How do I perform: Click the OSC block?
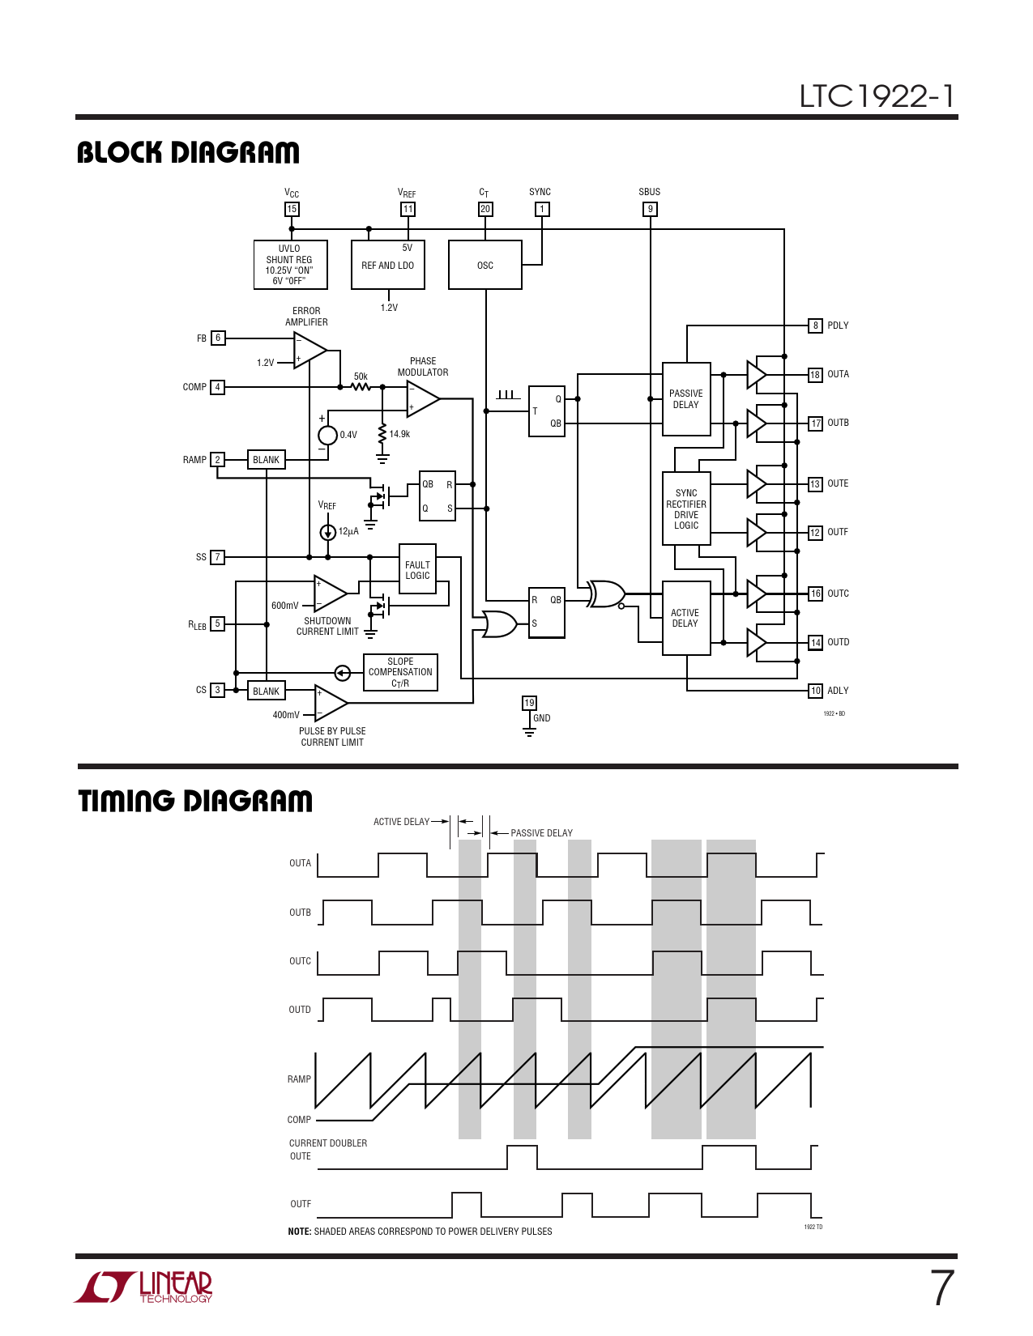(x=484, y=265)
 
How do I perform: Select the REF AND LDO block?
(x=387, y=265)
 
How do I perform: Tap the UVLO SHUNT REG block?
(x=290, y=265)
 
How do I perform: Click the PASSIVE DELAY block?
(x=686, y=399)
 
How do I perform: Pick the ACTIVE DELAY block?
(x=686, y=618)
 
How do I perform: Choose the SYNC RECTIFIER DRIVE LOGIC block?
(x=686, y=508)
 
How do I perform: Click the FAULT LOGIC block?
(x=417, y=569)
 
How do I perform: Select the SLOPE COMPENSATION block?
(x=400, y=672)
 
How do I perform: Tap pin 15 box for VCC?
(x=292, y=209)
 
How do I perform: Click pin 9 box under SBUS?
(x=650, y=209)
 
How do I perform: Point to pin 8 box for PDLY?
(x=815, y=325)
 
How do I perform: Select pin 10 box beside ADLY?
(x=815, y=691)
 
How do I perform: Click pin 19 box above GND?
(x=529, y=703)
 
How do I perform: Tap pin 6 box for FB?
(x=218, y=338)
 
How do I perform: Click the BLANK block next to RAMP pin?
(x=266, y=459)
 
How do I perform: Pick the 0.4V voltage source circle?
(x=327, y=435)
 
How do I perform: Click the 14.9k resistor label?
(x=399, y=434)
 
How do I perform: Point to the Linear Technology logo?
(x=143, y=1287)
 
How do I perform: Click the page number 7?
(x=942, y=1288)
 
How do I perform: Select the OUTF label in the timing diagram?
(x=301, y=1204)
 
